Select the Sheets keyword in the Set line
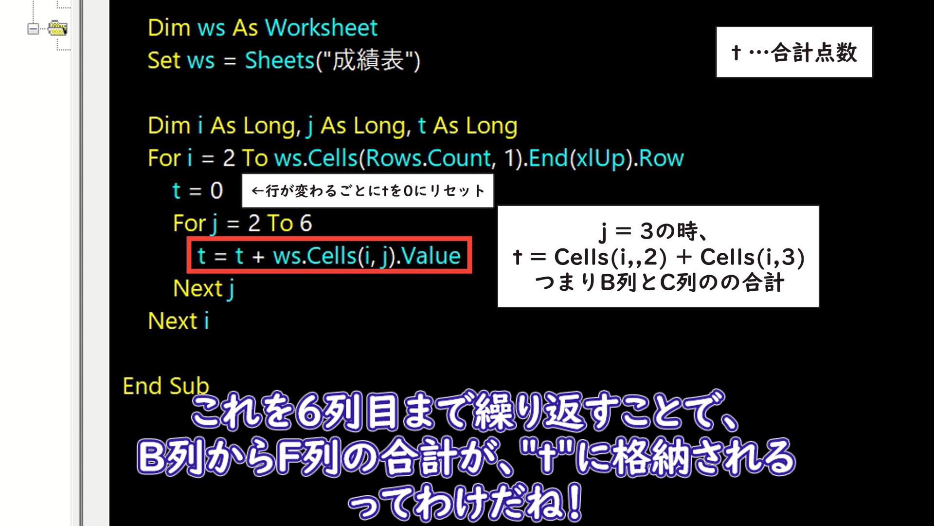coord(280,60)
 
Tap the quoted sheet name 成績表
coord(368,60)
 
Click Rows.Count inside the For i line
coord(429,158)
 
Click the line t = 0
coord(198,190)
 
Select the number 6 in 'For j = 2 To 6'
coord(305,223)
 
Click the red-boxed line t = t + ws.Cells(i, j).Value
coord(329,256)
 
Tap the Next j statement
coord(204,289)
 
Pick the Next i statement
coord(179,321)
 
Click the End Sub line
coord(166,386)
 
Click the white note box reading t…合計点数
coord(794,52)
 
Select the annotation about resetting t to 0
coord(368,190)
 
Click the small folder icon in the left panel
coord(57,28)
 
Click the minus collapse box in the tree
coord(33,29)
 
